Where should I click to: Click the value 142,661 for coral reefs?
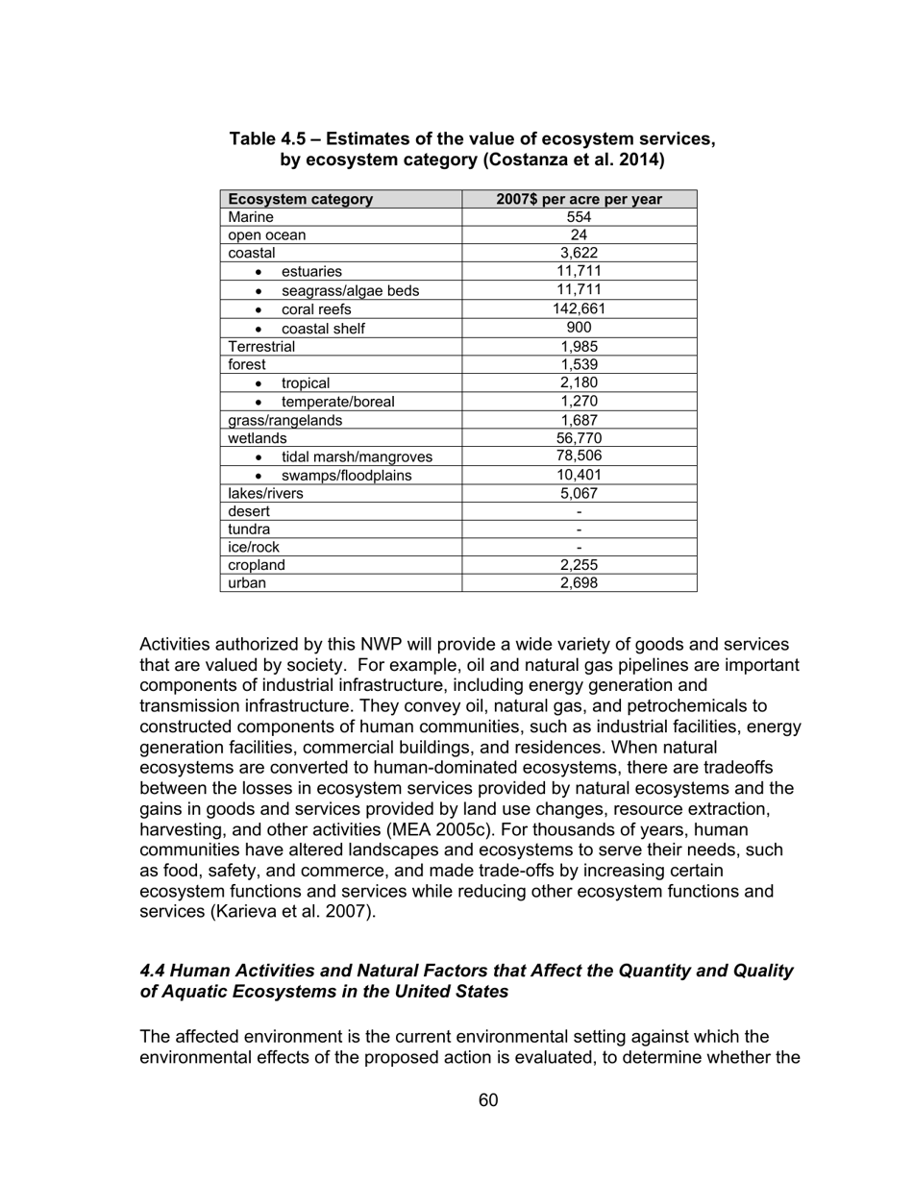pyautogui.click(x=579, y=309)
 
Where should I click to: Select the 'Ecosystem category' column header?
pyautogui.click(x=300, y=199)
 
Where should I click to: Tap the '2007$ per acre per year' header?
pyautogui.click(x=579, y=199)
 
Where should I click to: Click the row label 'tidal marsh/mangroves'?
pyautogui.click(x=357, y=456)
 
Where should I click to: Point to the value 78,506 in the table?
pyautogui.click(x=579, y=456)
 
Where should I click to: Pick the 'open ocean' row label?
pyautogui.click(x=266, y=235)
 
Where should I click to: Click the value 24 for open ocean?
pyautogui.click(x=579, y=235)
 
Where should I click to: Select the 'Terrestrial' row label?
pyautogui.click(x=261, y=346)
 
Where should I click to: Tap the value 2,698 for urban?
pyautogui.click(x=579, y=582)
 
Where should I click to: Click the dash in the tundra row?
pyautogui.click(x=579, y=529)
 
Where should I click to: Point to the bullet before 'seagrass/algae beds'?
pyautogui.click(x=258, y=291)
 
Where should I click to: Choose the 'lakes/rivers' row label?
pyautogui.click(x=265, y=493)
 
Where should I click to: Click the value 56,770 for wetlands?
pyautogui.click(x=579, y=438)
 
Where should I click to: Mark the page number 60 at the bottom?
pyautogui.click(x=487, y=1100)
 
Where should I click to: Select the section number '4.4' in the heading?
pyautogui.click(x=155, y=971)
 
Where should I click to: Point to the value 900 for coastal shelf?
pyautogui.click(x=579, y=328)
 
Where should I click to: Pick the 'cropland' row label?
pyautogui.click(x=257, y=565)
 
